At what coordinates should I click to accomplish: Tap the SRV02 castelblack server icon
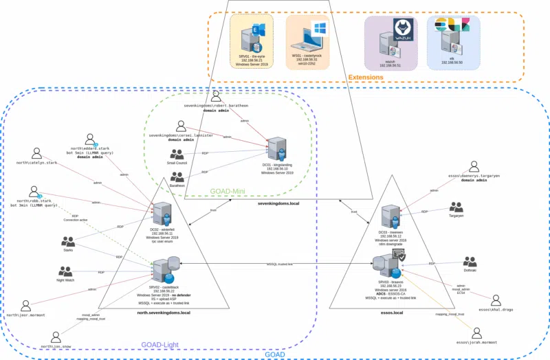[x=165, y=269]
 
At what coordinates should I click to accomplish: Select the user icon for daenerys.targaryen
[x=473, y=168]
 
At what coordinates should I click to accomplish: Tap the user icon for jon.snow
[x=55, y=336]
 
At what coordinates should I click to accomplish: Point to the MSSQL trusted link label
[x=280, y=264]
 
